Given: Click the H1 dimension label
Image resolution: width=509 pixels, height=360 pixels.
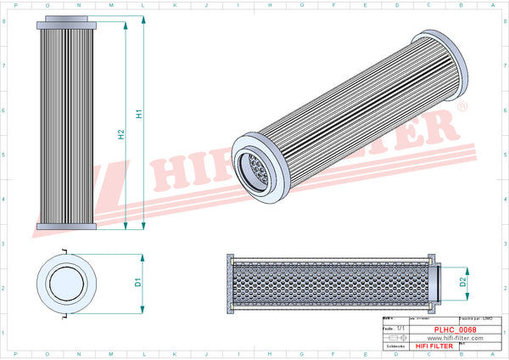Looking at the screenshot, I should coord(139,111).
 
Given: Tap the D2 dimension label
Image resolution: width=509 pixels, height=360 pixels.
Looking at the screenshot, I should coord(463,281).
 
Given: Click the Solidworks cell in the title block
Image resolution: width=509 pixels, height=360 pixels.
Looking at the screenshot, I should coord(396,346).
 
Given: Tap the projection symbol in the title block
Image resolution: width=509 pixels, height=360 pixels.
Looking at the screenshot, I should coord(395,337).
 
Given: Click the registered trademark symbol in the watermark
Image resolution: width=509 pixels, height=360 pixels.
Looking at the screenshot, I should coord(461,108).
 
